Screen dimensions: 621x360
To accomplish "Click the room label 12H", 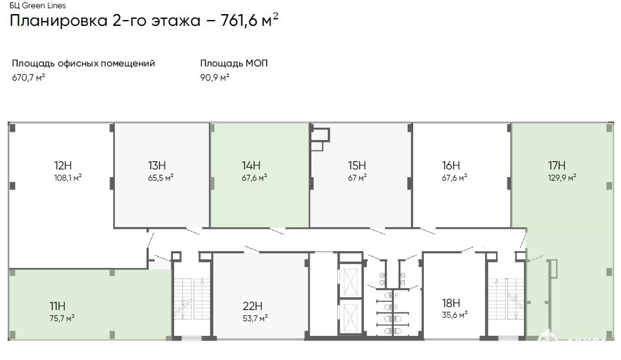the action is [x=62, y=165].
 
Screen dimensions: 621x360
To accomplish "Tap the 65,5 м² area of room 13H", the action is [x=160, y=178].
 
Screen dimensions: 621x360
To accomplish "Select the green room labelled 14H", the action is [x=260, y=175].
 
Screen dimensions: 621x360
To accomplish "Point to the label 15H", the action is [x=357, y=165].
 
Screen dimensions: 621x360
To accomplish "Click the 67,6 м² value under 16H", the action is [x=454, y=178].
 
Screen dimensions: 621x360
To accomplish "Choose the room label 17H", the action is [x=556, y=165].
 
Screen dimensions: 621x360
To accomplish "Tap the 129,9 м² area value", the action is [x=562, y=178].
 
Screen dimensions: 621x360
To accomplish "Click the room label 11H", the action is [x=58, y=306].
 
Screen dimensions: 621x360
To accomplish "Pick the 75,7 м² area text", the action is [x=62, y=318].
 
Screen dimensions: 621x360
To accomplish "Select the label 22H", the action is [x=253, y=306].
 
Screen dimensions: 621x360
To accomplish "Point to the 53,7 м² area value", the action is [x=255, y=318].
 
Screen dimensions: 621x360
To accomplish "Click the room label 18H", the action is [x=451, y=303].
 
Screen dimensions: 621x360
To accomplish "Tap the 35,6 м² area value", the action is [x=454, y=315].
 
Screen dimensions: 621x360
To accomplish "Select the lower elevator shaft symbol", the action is [x=350, y=316].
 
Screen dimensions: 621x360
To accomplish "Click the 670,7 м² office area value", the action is [x=28, y=78].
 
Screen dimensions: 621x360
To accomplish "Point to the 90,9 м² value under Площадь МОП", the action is [x=215, y=78].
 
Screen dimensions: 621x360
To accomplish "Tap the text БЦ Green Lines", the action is [x=38, y=5].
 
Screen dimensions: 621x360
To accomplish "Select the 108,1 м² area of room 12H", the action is [x=68, y=178].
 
